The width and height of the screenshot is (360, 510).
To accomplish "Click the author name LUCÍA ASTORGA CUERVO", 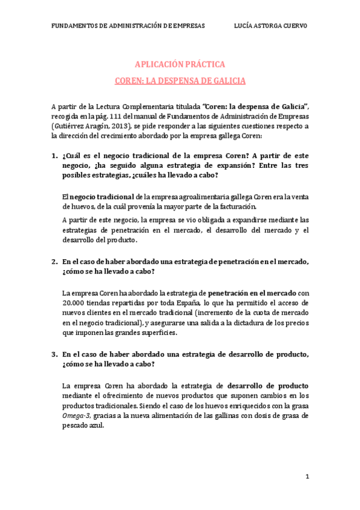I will coord(270,26).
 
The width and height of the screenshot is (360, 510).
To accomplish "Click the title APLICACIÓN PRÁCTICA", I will coord(180,64).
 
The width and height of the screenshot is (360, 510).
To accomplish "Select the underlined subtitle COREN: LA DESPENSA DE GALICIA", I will coord(180,80).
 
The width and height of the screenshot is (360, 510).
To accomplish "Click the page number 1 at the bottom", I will coord(307,476).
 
